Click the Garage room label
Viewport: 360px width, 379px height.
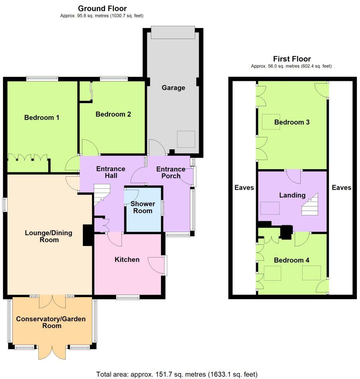[173, 88]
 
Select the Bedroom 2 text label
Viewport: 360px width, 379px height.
[113, 114]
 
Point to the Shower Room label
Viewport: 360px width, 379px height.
[143, 207]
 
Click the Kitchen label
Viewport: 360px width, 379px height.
[127, 260]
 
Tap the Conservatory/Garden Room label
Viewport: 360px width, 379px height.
[51, 322]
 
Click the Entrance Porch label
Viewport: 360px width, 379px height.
[171, 172]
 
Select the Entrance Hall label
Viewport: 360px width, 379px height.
[111, 172]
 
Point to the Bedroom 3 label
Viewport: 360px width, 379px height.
[292, 122]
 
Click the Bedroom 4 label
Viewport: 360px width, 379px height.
[292, 260]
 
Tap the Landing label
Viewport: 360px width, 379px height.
[292, 195]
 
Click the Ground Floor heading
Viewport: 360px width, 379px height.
[102, 8]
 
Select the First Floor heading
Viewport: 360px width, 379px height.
[292, 59]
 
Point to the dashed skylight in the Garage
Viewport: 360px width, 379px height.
[186, 139]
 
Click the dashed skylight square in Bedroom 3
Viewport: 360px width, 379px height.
[271, 122]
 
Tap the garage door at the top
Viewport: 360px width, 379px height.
[173, 33]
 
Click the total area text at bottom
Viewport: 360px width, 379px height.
[177, 374]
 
